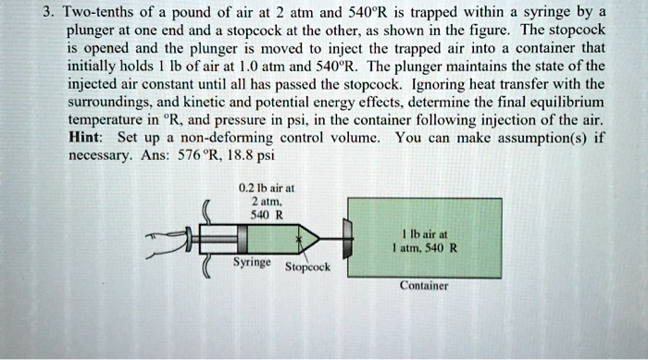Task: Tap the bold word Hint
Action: pyautogui.click(x=86, y=137)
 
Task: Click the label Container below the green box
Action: pyautogui.click(x=424, y=286)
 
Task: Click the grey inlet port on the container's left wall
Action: pyautogui.click(x=348, y=239)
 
